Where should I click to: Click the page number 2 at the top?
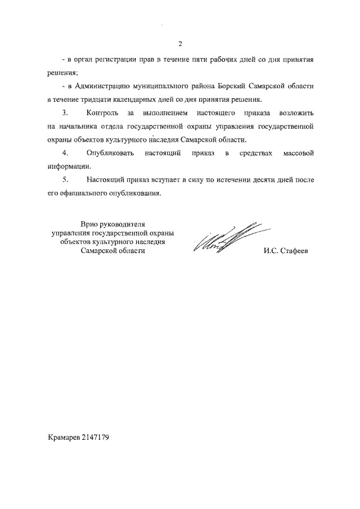[x=180, y=44]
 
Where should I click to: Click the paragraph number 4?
[x=66, y=153]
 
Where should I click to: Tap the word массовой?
[x=296, y=153]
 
